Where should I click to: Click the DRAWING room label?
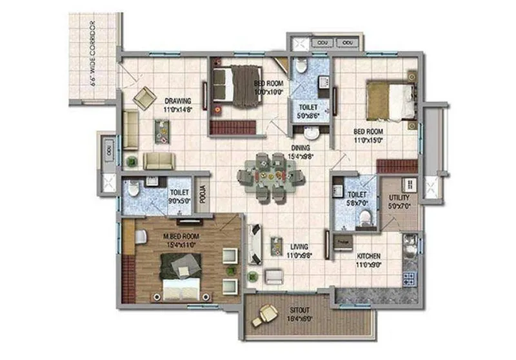[177, 101]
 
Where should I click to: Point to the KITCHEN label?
[373, 256]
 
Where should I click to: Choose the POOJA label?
[202, 194]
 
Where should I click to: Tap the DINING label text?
[300, 147]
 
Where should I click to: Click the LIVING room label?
[299, 246]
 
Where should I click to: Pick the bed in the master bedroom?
[180, 274]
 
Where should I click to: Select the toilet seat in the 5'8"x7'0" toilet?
[366, 220]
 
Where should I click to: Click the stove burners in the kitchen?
[408, 279]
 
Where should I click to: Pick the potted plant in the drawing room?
[132, 161]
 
